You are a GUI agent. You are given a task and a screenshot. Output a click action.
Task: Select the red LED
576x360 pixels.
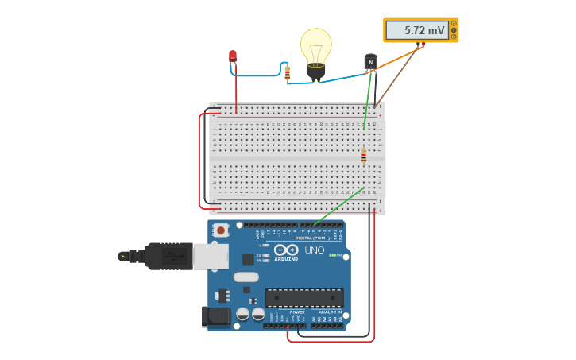(x=233, y=56)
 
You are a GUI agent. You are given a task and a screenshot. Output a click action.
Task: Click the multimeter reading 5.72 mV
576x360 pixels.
(x=420, y=30)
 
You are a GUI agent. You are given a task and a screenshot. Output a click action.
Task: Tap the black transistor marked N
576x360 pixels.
(x=370, y=62)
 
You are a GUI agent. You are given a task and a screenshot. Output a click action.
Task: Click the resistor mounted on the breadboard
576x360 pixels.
(x=364, y=155)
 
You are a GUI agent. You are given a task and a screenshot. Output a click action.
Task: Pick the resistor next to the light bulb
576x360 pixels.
(x=288, y=73)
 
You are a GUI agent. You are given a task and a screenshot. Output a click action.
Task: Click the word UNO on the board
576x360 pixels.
(x=315, y=250)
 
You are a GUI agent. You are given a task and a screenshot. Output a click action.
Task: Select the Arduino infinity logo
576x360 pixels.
(x=286, y=250)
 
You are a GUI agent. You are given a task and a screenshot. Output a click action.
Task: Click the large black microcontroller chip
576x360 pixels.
(x=304, y=297)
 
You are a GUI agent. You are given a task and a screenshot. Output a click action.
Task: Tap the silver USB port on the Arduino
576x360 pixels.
(x=211, y=256)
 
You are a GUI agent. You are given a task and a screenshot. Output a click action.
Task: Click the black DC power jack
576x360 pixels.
(x=215, y=317)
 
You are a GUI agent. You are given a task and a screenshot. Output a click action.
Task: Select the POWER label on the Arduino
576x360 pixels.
(x=297, y=312)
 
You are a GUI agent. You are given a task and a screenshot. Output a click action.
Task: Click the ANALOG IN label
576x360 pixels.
(x=330, y=312)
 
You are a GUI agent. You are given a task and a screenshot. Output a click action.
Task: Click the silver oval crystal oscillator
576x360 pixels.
(x=245, y=277)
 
